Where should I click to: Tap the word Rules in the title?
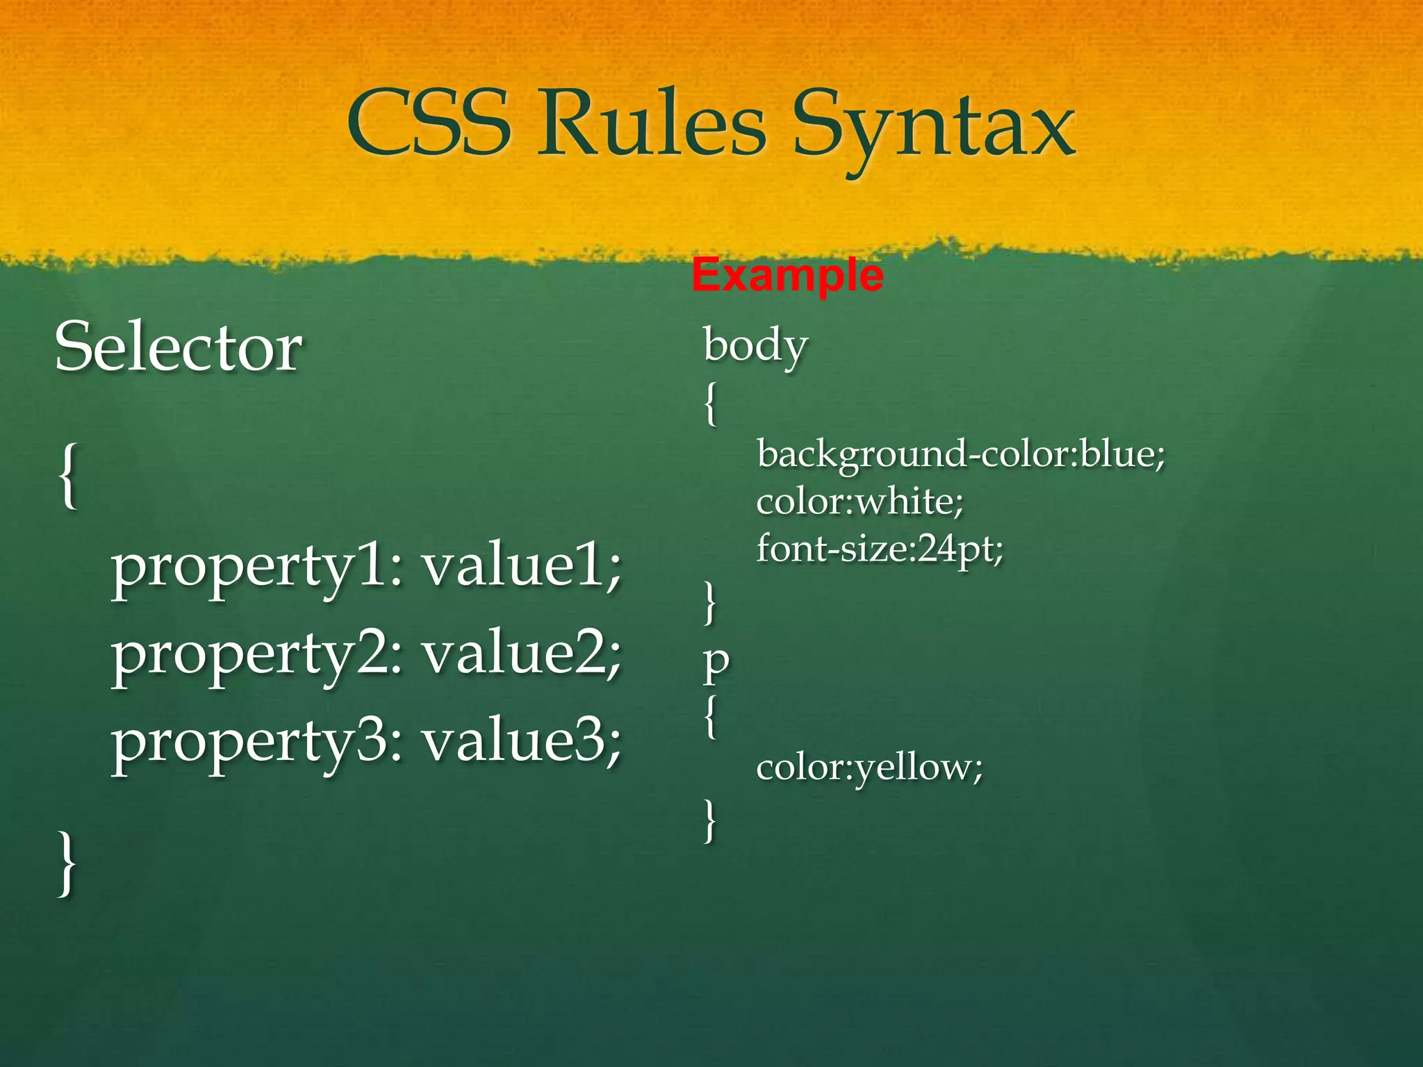[x=652, y=124]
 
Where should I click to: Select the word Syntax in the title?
[x=934, y=129]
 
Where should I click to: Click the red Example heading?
[x=787, y=275]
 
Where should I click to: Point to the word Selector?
[x=179, y=347]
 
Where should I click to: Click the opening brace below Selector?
[x=67, y=477]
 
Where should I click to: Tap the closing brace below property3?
[x=67, y=864]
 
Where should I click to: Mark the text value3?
[x=523, y=742]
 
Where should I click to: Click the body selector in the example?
[x=755, y=345]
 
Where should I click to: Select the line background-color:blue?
[x=960, y=455]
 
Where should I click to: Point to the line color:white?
[x=860, y=502]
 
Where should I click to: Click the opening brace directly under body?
[x=709, y=404]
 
